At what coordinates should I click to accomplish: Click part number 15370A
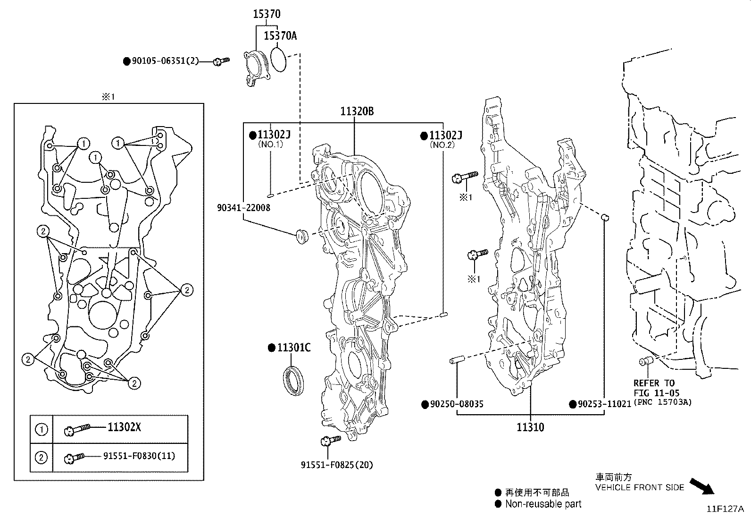(x=280, y=36)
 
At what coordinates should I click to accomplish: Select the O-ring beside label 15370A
(x=278, y=60)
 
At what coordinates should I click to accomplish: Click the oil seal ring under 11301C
(x=293, y=378)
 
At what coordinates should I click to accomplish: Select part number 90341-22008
(x=244, y=208)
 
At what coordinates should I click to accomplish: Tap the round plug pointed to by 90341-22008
(x=301, y=235)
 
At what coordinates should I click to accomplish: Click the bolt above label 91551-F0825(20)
(x=329, y=441)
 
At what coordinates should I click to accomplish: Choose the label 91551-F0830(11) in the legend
(x=139, y=456)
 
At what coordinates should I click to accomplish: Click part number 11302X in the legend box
(x=124, y=428)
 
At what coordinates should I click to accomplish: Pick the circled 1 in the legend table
(x=42, y=429)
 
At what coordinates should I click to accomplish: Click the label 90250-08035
(x=456, y=404)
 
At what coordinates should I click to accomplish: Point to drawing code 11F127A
(x=725, y=509)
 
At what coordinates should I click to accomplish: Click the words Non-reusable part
(x=543, y=504)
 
